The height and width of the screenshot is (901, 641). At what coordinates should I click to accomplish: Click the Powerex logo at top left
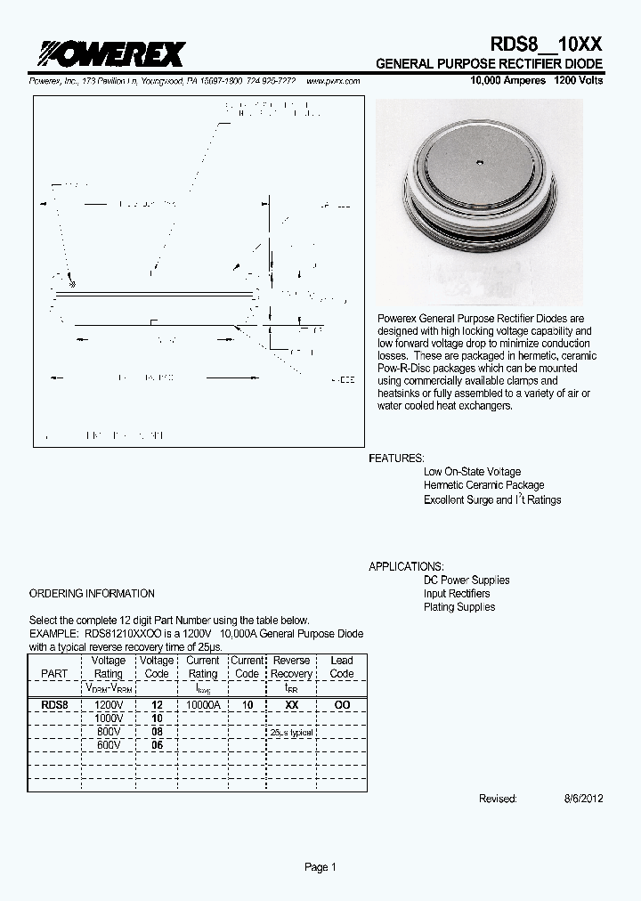pos(106,55)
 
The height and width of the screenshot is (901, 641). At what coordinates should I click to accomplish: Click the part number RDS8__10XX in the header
pos(547,44)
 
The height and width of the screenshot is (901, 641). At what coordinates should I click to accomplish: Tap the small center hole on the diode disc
pos(479,162)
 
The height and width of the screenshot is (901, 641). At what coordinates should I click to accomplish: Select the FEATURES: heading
pos(397,458)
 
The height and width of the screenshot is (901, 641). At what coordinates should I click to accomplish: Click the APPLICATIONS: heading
pos(407,566)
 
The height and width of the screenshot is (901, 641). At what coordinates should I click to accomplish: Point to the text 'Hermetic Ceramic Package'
pos(484,485)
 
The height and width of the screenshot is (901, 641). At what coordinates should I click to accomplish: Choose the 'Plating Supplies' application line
pos(459,607)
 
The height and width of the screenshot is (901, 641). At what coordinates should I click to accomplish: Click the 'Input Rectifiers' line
pos(457,593)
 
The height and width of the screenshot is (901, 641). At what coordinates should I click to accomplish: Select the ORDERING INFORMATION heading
pos(92,593)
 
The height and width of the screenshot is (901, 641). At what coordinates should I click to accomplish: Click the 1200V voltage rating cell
pos(109,704)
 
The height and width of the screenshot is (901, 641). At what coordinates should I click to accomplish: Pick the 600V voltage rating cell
pos(109,744)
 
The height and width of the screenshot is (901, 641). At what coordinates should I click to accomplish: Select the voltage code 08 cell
pos(157,731)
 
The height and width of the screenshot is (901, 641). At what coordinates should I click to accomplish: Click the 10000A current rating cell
pos(202,704)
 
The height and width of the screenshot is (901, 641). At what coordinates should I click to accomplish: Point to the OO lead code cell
pos(342,704)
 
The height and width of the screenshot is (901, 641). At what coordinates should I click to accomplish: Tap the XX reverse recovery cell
pos(291,704)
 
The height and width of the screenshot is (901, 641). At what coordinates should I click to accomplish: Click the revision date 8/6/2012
pos(584,799)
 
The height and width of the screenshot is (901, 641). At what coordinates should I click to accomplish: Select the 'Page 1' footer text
pos(320,867)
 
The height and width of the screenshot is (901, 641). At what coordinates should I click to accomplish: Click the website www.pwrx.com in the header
pos(333,81)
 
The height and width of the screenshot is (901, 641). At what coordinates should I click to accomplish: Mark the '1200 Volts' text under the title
pos(579,81)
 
